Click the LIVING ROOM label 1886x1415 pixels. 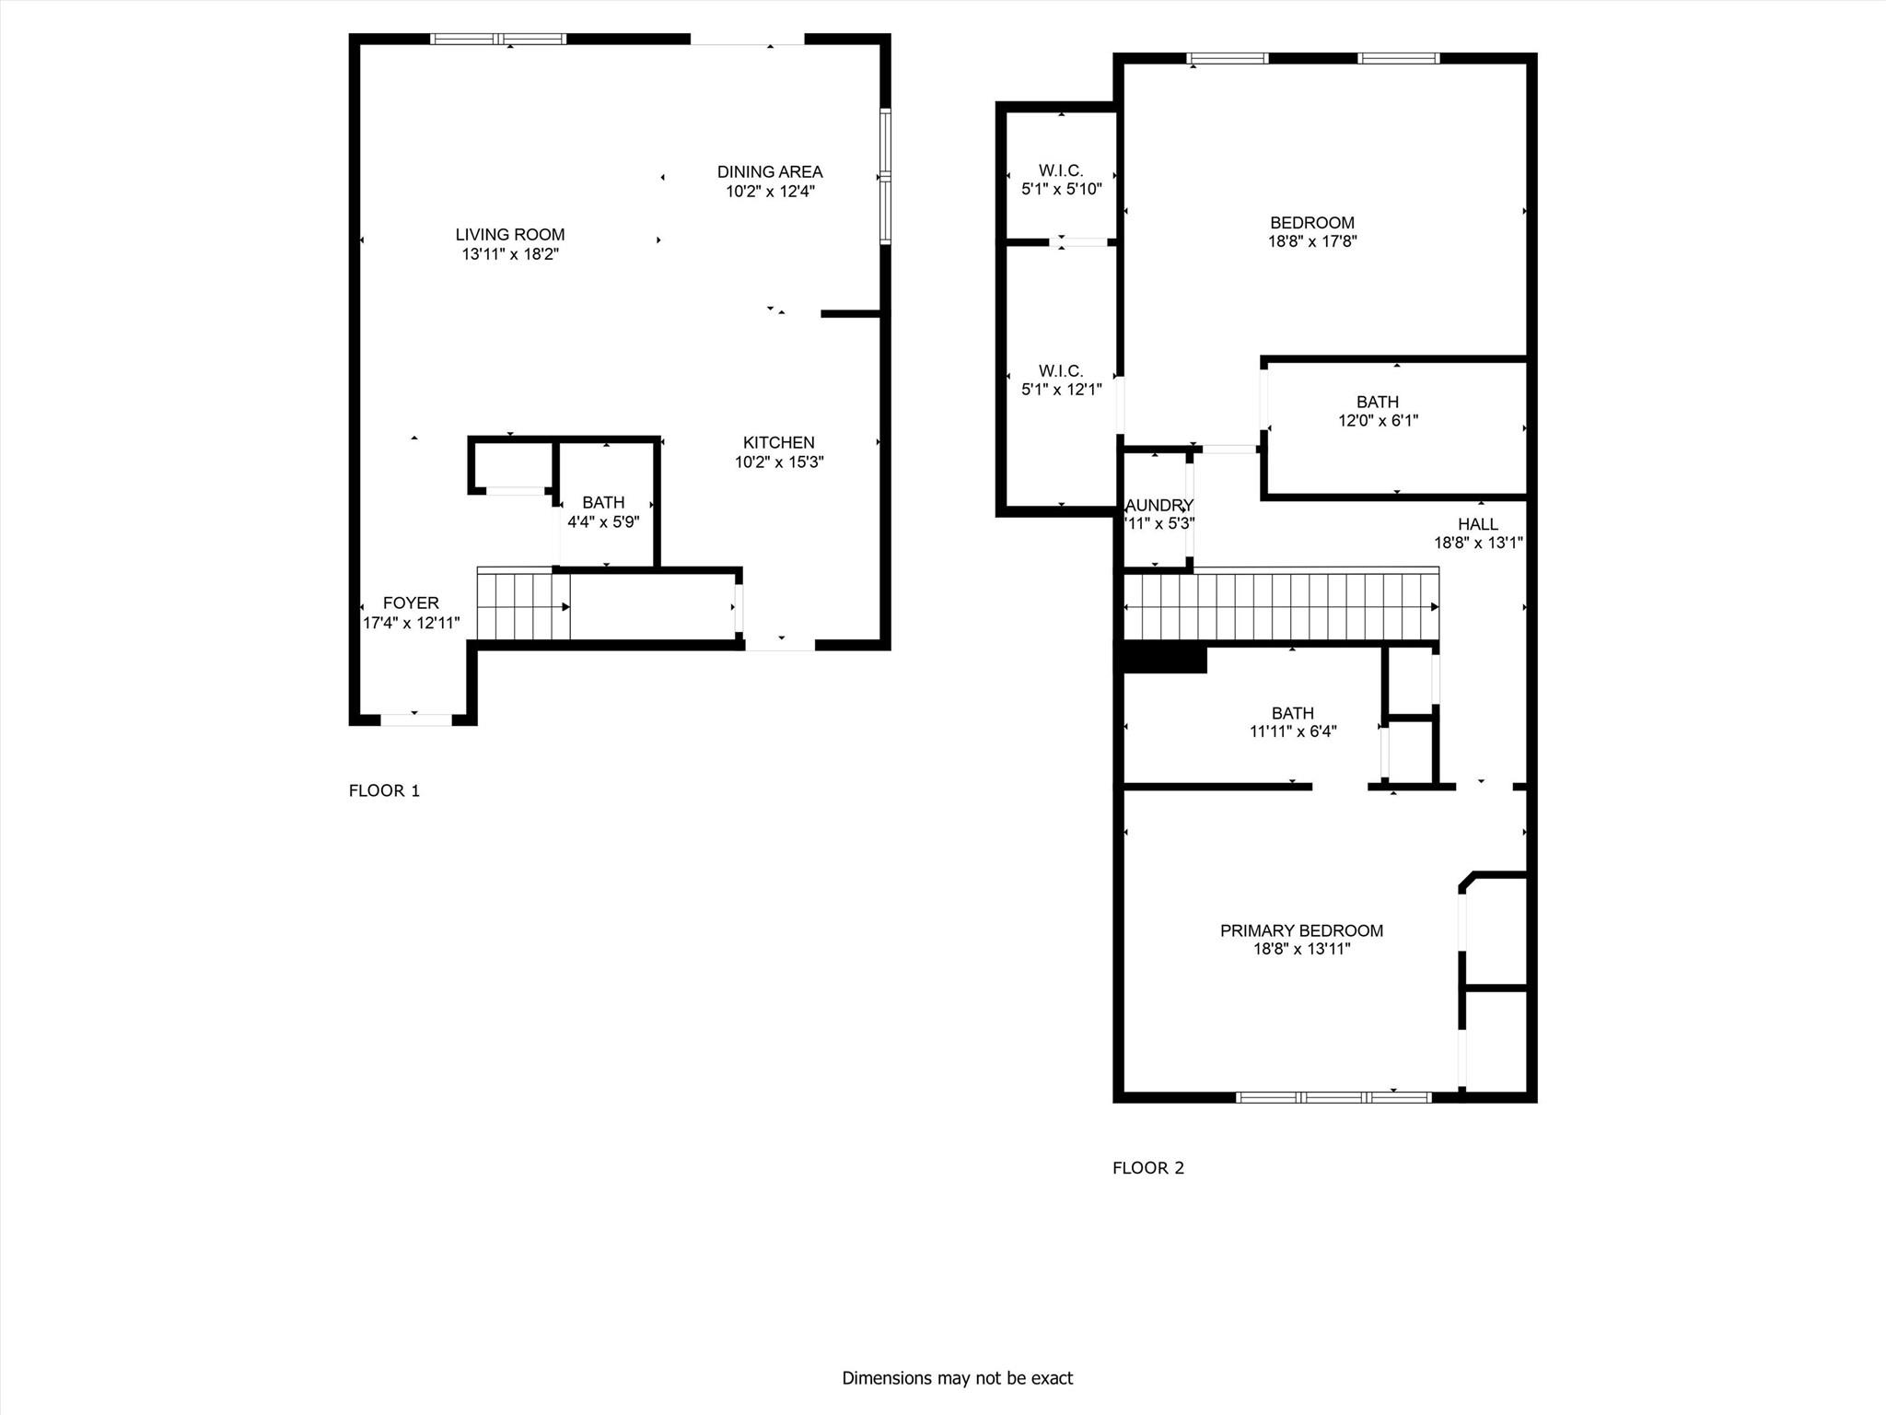[509, 235]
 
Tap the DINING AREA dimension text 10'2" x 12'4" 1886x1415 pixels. [770, 192]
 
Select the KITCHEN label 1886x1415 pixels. [778, 443]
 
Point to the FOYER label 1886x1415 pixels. [411, 603]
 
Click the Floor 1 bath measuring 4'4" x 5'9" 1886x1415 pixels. [603, 512]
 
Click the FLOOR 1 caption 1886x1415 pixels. [384, 790]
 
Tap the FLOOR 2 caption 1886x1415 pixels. [1147, 1168]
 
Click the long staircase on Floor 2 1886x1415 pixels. [1280, 606]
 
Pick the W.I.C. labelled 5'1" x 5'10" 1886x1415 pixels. [1061, 180]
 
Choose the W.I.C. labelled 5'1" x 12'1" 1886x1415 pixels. [1061, 380]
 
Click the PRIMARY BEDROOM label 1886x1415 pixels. [1301, 930]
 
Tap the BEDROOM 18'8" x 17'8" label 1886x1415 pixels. [1311, 223]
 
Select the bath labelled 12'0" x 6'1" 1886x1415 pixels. [1378, 411]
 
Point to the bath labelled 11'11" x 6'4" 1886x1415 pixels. [1292, 721]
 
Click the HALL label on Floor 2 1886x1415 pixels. [1477, 524]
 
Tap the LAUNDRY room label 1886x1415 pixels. [1158, 506]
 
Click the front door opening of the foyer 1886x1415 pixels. [416, 719]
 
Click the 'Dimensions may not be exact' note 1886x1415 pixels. [957, 1378]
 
